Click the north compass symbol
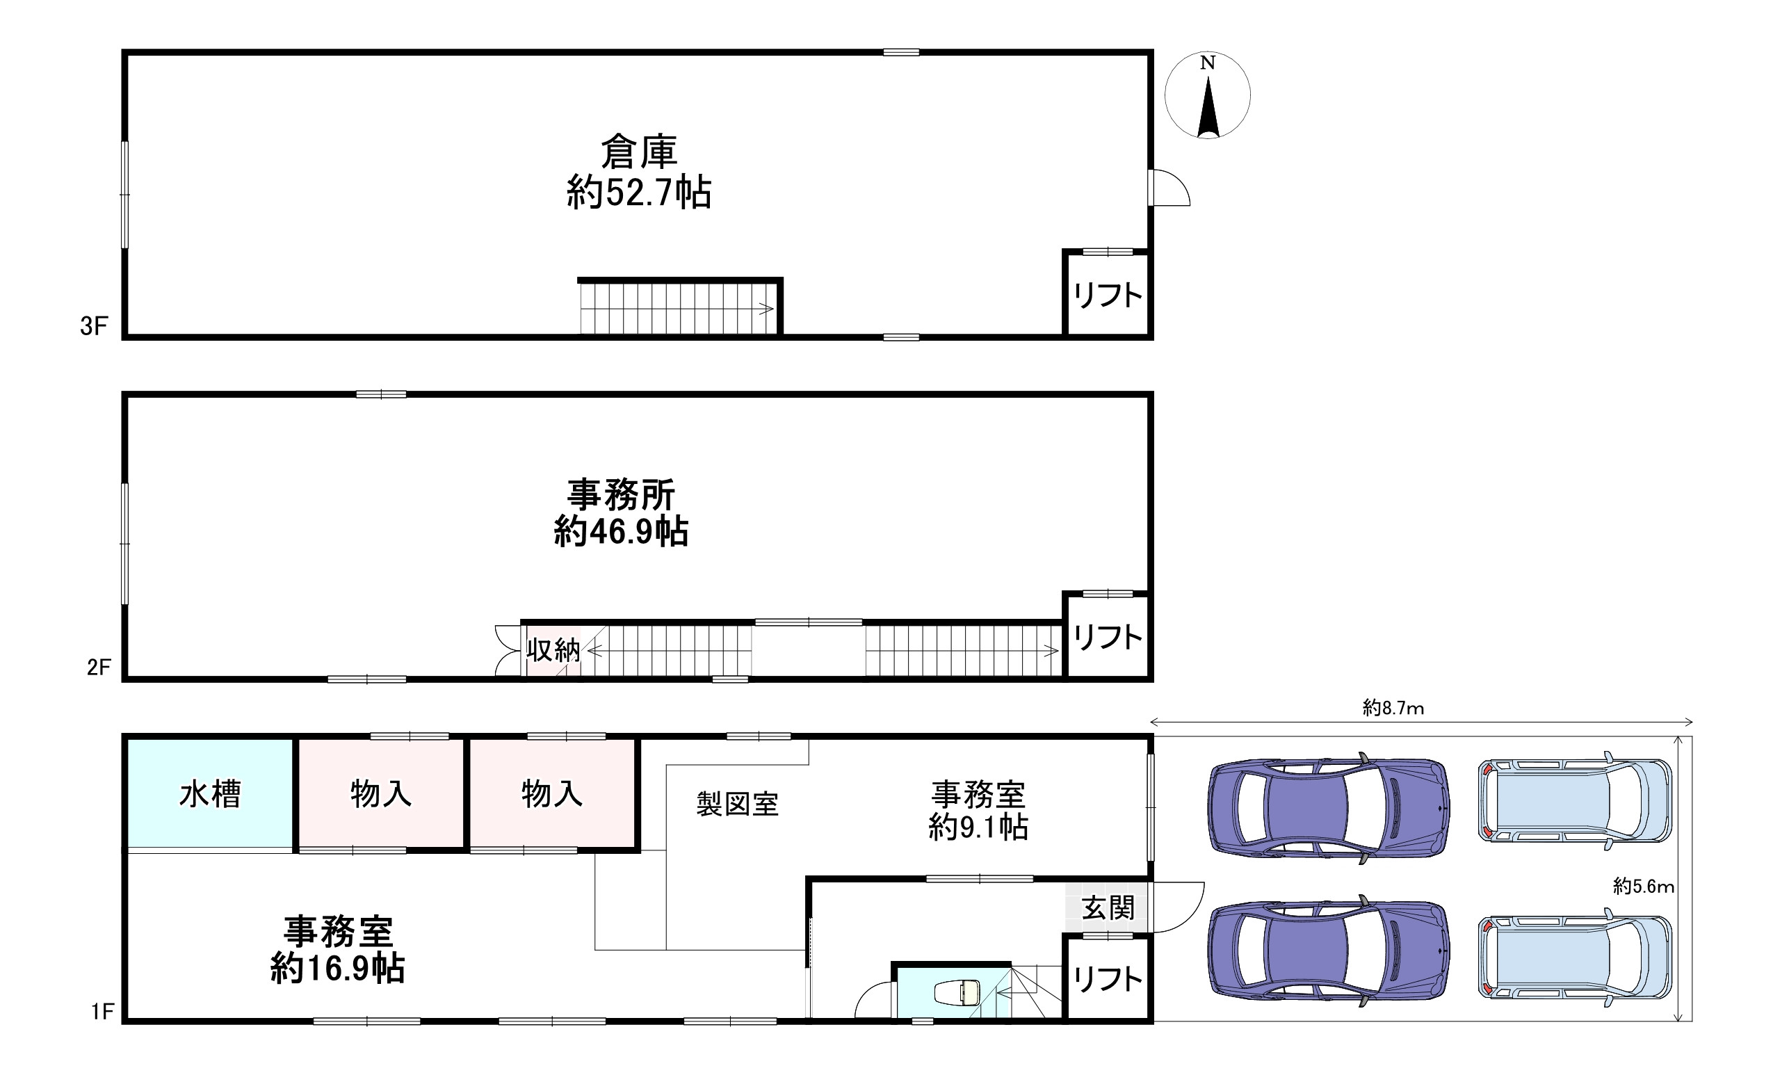[1208, 95]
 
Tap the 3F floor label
[94, 327]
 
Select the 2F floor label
[99, 668]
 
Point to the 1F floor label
[103, 1012]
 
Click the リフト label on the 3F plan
[1108, 295]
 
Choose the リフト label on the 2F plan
[1108, 637]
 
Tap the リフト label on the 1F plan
[1108, 978]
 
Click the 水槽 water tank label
[209, 794]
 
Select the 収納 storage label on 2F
[553, 650]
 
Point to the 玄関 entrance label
[1108, 908]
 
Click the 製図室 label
[738, 804]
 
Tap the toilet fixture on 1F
[957, 993]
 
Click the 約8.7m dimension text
[1393, 708]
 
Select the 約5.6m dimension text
[1644, 887]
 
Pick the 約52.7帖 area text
[639, 193]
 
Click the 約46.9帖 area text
[621, 533]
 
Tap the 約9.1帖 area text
[978, 827]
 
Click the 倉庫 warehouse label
[639, 152]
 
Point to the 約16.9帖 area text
[337, 969]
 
